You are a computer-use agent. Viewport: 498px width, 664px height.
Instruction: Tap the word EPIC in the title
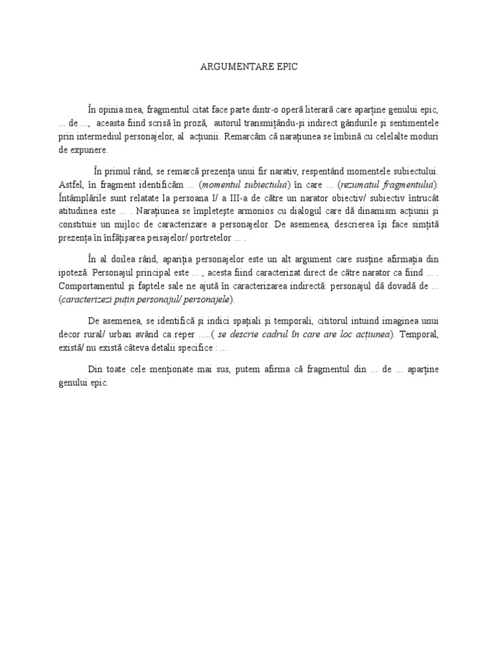(x=286, y=67)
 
